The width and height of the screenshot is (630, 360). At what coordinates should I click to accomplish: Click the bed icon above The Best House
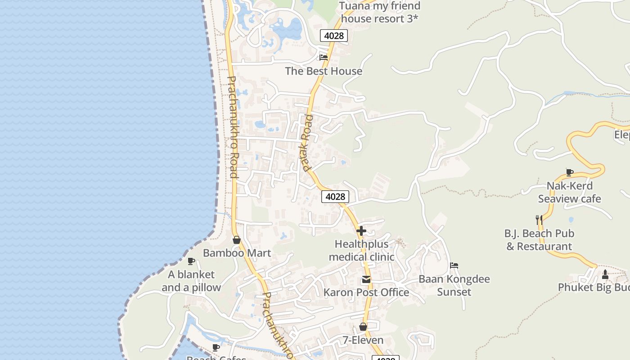coord(324,58)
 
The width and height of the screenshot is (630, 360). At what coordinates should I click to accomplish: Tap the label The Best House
coord(324,71)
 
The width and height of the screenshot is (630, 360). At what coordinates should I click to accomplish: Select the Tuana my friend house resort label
coord(380,12)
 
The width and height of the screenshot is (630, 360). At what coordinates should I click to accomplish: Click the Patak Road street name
coord(306,143)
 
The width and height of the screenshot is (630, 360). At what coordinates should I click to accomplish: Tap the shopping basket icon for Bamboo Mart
coord(237,240)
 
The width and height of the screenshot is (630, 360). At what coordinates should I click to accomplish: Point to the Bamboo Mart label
coord(237,253)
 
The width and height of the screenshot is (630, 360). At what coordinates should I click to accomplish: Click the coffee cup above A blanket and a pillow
coord(191,261)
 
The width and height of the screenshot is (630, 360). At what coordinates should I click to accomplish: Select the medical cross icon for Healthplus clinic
coord(361,231)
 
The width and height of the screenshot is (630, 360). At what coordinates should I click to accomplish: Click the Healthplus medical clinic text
coord(361,251)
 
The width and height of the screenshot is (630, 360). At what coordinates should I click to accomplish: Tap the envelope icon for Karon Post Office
coord(366,280)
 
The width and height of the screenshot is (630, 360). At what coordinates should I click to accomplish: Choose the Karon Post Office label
coord(366,292)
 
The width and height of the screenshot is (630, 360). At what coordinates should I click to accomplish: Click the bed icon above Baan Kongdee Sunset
coord(454,265)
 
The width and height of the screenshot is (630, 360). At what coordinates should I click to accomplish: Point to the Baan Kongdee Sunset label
coord(454,285)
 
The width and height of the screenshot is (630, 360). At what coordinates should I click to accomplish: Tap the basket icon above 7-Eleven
coord(363,327)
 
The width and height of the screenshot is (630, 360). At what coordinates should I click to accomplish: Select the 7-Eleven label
coord(363,340)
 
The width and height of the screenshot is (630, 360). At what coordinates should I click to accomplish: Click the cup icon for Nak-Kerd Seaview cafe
coord(570,172)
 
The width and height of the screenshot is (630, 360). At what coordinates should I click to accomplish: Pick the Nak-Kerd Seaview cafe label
coord(569,192)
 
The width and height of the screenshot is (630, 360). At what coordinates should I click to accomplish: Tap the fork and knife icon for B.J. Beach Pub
coord(539,220)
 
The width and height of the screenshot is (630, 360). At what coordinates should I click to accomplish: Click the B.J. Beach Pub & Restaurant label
coord(539,240)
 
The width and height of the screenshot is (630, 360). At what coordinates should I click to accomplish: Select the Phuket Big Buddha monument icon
coord(605,274)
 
